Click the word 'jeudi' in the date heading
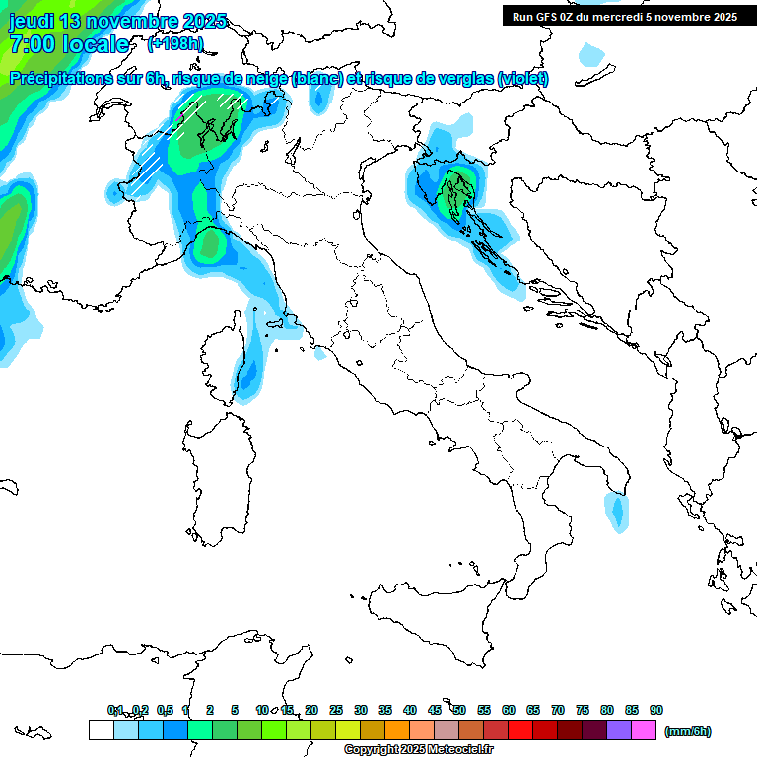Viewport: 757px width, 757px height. coord(32,21)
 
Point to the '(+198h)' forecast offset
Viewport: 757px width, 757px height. coord(174,43)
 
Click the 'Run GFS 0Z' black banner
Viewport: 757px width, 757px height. coord(624,16)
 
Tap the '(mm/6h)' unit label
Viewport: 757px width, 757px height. coord(688,731)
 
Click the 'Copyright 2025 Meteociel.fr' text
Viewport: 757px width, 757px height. coord(418,750)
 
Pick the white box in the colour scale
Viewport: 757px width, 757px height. coord(101,730)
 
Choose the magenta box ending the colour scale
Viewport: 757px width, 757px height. coord(644,730)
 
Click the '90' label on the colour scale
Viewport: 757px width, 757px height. coord(656,710)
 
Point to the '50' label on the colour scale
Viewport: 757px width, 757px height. coord(459,710)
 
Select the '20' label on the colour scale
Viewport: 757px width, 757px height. coord(311,710)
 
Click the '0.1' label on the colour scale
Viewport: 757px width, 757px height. coord(115,710)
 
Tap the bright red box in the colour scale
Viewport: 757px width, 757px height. coord(520,730)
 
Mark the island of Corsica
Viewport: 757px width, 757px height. coord(224,355)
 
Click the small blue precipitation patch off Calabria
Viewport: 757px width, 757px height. coord(617,511)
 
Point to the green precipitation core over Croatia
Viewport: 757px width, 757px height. coord(456,187)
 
